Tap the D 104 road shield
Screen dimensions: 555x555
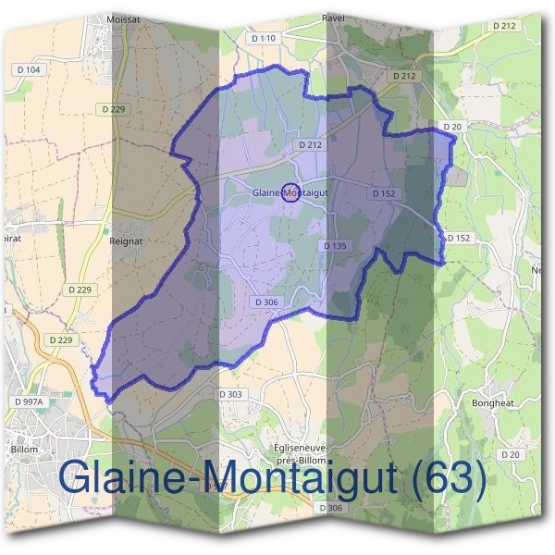tap(29, 69)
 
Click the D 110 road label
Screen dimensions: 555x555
tap(264, 38)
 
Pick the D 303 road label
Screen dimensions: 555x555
tap(235, 395)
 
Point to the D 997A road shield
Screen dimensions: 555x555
tap(31, 401)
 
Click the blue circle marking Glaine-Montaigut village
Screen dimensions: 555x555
tap(290, 192)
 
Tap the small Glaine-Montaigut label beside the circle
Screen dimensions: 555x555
tap(288, 192)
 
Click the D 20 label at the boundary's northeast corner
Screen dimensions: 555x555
tap(451, 127)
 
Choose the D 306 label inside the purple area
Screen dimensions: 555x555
tap(265, 302)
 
